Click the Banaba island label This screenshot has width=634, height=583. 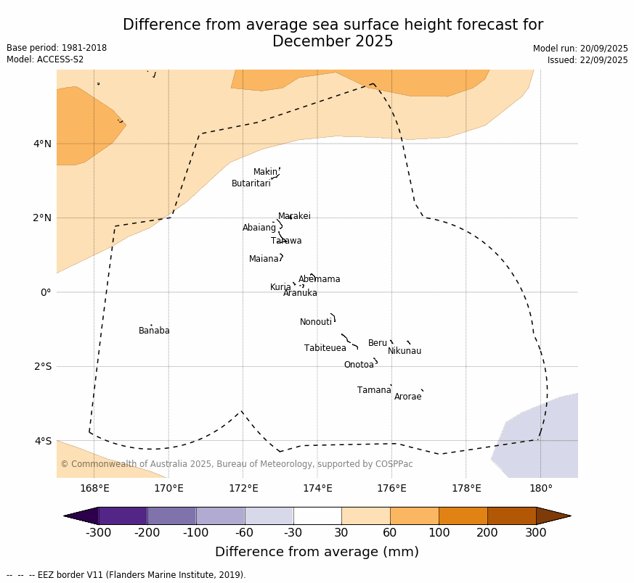154,331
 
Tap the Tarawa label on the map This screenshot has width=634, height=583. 286,241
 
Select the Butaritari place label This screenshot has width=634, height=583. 251,183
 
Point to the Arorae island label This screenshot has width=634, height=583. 407,397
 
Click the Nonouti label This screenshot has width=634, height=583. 316,322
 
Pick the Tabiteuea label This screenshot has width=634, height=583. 325,348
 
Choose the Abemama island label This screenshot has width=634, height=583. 320,279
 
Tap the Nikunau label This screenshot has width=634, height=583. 405,351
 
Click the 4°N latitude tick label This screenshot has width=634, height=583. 42,144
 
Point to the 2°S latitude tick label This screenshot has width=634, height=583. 42,366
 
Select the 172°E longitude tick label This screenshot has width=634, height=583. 243,488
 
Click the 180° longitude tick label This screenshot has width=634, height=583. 540,488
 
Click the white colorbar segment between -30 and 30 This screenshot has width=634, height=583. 317,516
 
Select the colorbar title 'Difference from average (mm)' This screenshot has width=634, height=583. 317,552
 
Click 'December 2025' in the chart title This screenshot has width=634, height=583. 333,41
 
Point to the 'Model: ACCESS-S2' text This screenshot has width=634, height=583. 45,59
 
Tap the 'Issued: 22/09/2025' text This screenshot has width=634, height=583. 588,60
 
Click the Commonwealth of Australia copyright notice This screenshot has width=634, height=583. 237,464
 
